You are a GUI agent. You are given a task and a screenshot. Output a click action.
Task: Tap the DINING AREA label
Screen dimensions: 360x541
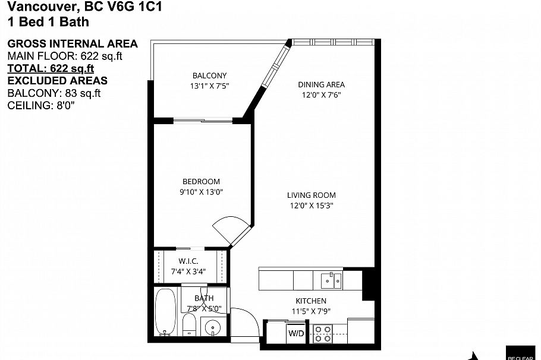pyautogui.click(x=321, y=84)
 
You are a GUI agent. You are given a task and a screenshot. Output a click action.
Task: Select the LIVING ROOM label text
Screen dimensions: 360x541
pyautogui.click(x=311, y=195)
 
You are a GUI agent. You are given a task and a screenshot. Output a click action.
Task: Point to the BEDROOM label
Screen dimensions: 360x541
pyautogui.click(x=201, y=181)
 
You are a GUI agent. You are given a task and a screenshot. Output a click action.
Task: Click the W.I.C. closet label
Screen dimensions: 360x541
pyautogui.click(x=188, y=261)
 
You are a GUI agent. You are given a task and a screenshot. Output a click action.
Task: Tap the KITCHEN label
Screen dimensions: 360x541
pyautogui.click(x=311, y=301)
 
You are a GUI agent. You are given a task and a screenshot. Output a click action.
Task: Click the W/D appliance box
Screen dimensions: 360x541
pyautogui.click(x=296, y=333)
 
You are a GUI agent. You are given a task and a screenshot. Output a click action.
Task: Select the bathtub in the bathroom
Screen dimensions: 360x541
pyautogui.click(x=165, y=311)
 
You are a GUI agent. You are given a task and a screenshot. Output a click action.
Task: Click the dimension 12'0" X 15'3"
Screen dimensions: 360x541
pyautogui.click(x=311, y=206)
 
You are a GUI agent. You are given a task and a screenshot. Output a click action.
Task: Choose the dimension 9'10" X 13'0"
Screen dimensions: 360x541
pyautogui.click(x=201, y=192)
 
